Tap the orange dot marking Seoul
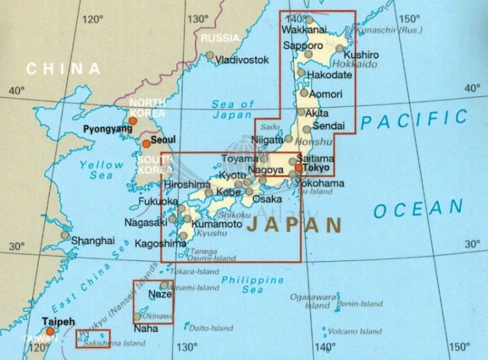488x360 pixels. tap(146, 144)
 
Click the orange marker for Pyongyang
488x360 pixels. tap(133, 120)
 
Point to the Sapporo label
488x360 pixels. tap(303, 46)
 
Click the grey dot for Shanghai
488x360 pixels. tap(64, 236)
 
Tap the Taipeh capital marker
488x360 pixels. tap(50, 331)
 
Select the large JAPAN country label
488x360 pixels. tap(295, 226)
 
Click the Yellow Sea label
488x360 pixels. tap(102, 170)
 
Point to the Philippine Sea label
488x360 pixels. tap(244, 285)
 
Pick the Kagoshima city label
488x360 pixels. tap(160, 244)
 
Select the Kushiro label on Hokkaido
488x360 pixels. tap(361, 55)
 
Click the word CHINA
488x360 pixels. tap(64, 68)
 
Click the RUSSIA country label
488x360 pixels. tap(220, 38)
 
